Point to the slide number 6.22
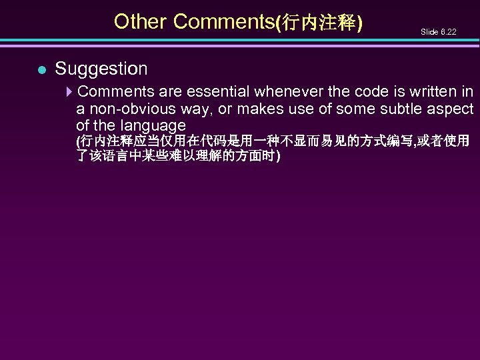click(x=439, y=31)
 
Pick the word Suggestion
click(x=101, y=68)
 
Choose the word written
click(x=421, y=91)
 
